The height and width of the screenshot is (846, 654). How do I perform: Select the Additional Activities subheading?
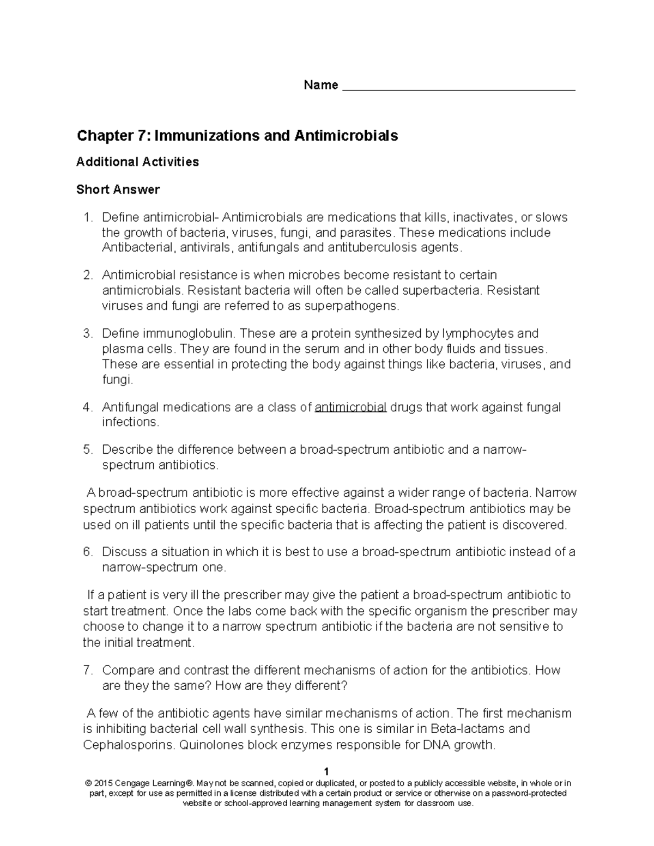click(x=137, y=162)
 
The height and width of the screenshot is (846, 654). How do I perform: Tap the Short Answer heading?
click(x=118, y=190)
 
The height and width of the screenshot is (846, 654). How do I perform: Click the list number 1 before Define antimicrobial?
click(x=87, y=217)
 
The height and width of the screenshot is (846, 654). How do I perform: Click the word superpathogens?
click(x=350, y=306)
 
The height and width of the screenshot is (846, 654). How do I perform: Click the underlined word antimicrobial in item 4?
click(x=350, y=407)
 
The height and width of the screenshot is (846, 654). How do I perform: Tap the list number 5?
click(x=87, y=449)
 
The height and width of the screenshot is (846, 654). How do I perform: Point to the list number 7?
click(x=87, y=670)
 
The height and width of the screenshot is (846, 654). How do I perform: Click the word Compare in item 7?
click(x=127, y=670)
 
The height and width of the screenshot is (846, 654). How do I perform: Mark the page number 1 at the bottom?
click(x=326, y=771)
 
